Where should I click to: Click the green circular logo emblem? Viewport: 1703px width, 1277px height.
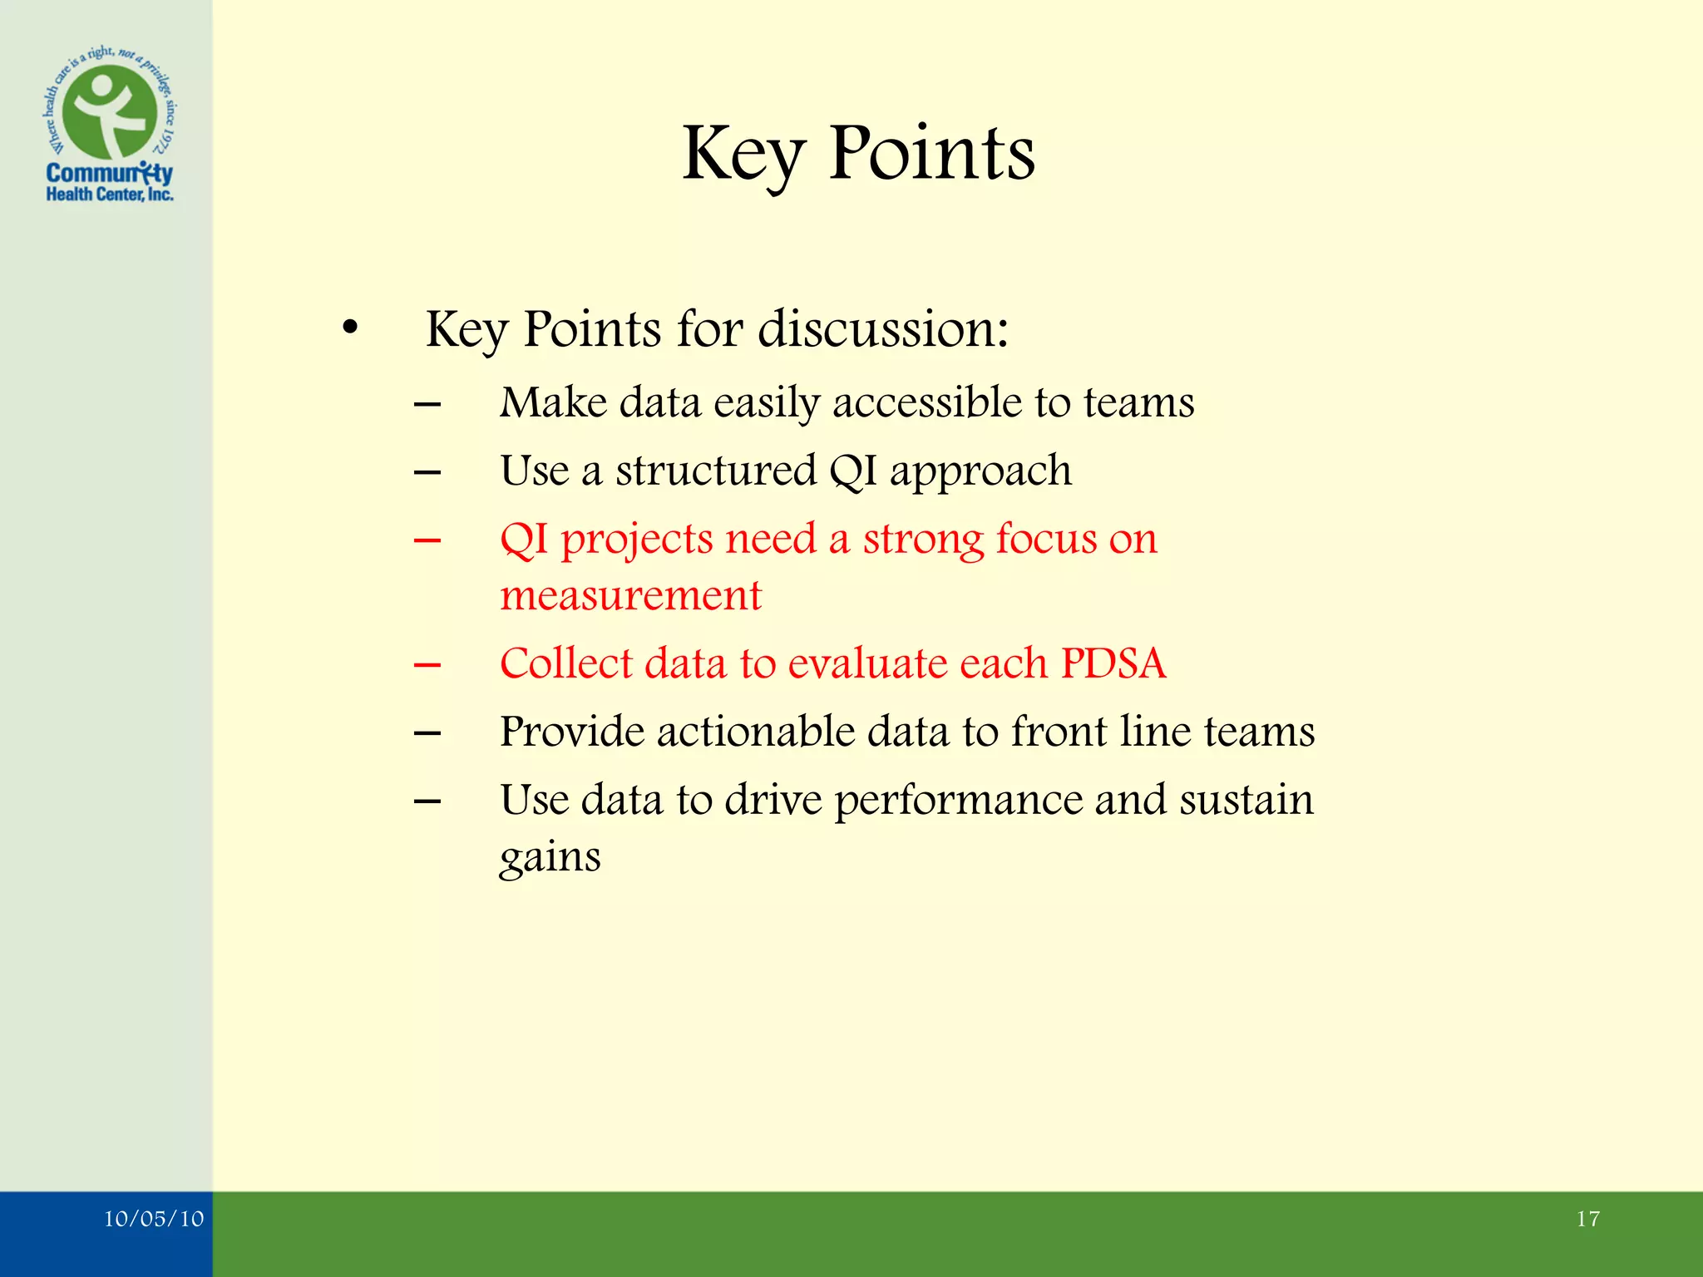pyautogui.click(x=110, y=111)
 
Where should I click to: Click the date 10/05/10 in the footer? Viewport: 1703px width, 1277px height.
pyautogui.click(x=154, y=1219)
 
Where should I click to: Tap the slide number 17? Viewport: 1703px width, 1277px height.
pyautogui.click(x=1587, y=1219)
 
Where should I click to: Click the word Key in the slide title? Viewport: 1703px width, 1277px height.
pyautogui.click(x=743, y=155)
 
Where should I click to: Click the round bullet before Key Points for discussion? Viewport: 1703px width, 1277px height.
pyautogui.click(x=350, y=329)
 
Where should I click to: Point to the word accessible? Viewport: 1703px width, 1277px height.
pyautogui.click(x=927, y=403)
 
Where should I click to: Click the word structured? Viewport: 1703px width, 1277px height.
pyautogui.click(x=717, y=471)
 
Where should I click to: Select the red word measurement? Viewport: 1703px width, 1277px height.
pyautogui.click(x=630, y=596)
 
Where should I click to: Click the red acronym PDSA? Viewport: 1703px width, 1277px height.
pyautogui.click(x=1113, y=663)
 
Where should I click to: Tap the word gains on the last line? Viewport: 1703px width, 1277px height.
pyautogui.click(x=550, y=857)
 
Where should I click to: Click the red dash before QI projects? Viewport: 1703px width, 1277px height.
pyautogui.click(x=427, y=540)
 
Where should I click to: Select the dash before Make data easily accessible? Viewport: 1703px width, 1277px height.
pyautogui.click(x=427, y=405)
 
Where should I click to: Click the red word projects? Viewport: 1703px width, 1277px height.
pyautogui.click(x=636, y=540)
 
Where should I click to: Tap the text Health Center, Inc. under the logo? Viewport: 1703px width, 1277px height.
pyautogui.click(x=110, y=195)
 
